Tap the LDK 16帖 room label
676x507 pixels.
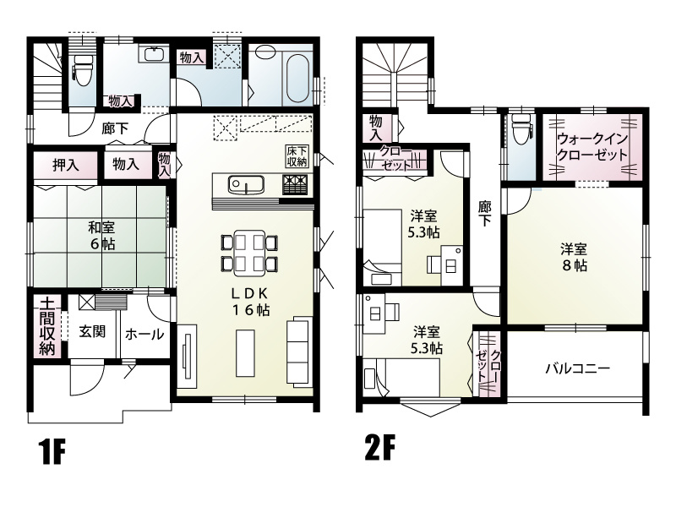point(252,301)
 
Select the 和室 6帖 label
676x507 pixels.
point(101,234)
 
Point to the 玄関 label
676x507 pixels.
point(92,332)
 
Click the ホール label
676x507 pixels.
point(144,334)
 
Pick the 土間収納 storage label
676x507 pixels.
point(46,324)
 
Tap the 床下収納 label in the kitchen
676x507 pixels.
point(297,155)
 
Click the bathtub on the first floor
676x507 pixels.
point(297,78)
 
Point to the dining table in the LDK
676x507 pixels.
point(248,251)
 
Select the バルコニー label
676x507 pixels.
point(577,368)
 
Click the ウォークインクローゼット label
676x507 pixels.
point(591,147)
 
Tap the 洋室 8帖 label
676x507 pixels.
point(574,256)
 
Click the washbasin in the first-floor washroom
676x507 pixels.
point(153,55)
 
